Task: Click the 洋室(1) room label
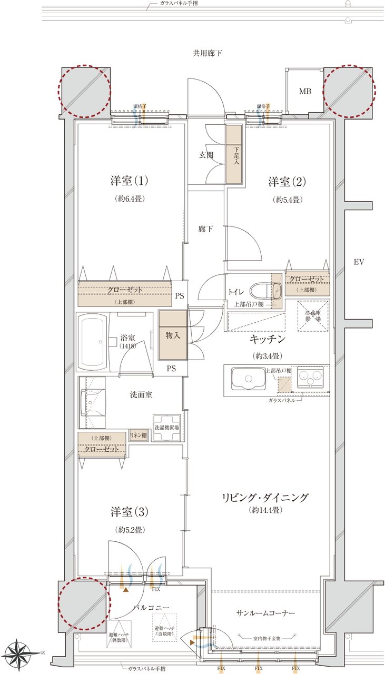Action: [129, 181]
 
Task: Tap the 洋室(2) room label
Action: [288, 182]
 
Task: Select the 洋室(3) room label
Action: [130, 511]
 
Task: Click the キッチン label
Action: [268, 339]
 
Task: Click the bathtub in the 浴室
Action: [94, 342]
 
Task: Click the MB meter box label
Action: [305, 92]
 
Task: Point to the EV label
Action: [359, 262]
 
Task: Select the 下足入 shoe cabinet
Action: [234, 154]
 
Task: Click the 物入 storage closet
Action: [173, 335]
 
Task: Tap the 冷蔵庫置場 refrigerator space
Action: [313, 316]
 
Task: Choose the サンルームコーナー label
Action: [265, 613]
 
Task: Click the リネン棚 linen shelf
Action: [138, 436]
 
